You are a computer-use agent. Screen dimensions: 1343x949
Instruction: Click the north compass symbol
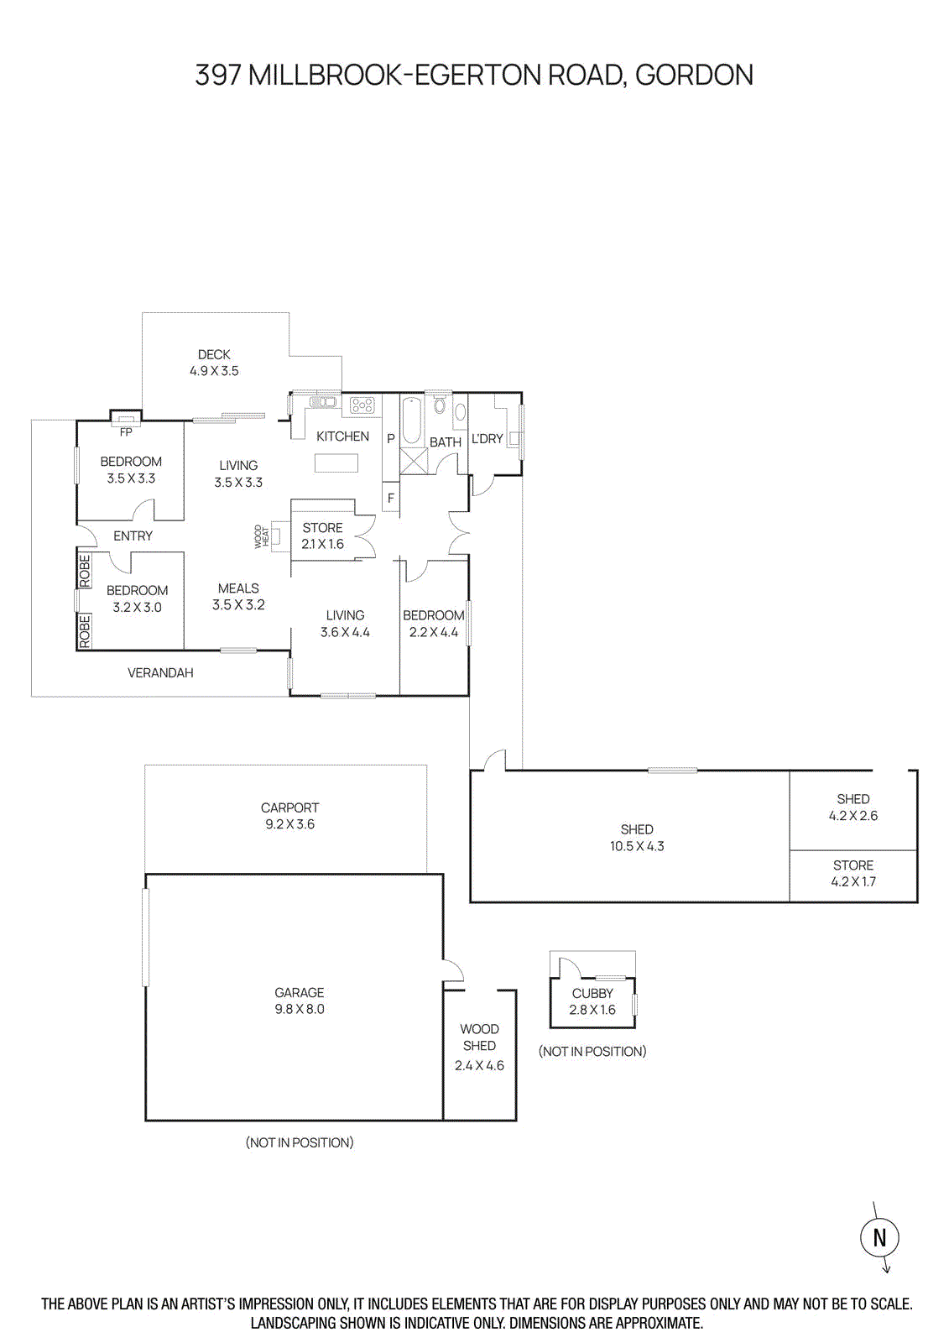pyautogui.click(x=879, y=1237)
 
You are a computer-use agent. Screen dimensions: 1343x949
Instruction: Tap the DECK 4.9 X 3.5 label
pyautogui.click(x=214, y=363)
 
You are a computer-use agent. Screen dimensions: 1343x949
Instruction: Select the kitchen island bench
pyautogui.click(x=336, y=462)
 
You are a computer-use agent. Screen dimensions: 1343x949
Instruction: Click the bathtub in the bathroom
pyautogui.click(x=411, y=421)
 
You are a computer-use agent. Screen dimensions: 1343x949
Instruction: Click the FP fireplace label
pyautogui.click(x=126, y=432)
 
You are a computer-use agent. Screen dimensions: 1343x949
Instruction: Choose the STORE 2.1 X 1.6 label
pyautogui.click(x=322, y=536)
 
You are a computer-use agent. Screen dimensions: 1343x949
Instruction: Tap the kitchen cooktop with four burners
pyautogui.click(x=362, y=406)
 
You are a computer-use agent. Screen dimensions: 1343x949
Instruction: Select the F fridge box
pyautogui.click(x=390, y=497)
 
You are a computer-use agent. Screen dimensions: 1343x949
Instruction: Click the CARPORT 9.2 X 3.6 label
pyautogui.click(x=289, y=816)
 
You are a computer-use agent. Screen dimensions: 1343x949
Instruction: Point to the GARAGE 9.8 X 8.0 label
pyautogui.click(x=299, y=1001)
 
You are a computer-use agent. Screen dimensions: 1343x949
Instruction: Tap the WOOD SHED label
pyautogui.click(x=479, y=1037)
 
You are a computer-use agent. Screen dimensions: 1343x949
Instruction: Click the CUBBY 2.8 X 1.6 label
pyautogui.click(x=592, y=1001)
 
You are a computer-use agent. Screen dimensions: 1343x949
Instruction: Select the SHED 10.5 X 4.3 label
pyautogui.click(x=637, y=838)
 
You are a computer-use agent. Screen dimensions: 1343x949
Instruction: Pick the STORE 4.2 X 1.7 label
pyautogui.click(x=853, y=873)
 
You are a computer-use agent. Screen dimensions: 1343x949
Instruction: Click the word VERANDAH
pyautogui.click(x=160, y=672)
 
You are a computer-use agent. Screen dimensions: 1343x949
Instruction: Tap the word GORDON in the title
pyautogui.click(x=694, y=75)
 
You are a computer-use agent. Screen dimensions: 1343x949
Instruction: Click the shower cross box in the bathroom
pyautogui.click(x=414, y=461)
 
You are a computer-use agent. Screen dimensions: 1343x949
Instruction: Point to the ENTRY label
pyautogui.click(x=133, y=536)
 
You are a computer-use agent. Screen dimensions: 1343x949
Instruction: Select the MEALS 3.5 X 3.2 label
pyautogui.click(x=238, y=596)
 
